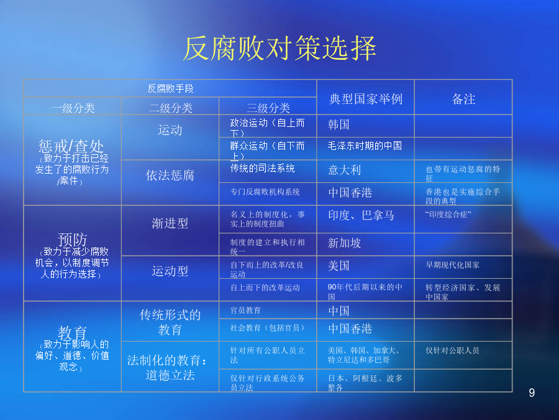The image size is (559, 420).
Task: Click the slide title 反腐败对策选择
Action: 280,48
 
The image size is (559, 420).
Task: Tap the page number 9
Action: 532,393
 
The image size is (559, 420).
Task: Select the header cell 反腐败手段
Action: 170,88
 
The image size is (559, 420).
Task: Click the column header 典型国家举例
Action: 366,99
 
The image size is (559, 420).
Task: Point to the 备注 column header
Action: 463,99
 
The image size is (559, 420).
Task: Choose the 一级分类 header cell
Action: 73,108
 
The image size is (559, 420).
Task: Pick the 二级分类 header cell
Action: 170,108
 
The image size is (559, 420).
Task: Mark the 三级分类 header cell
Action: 268,108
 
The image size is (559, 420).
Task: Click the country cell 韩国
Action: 339,124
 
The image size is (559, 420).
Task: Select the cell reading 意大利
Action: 344,170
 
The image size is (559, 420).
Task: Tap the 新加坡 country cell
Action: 344,243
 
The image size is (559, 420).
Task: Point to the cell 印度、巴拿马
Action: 361,215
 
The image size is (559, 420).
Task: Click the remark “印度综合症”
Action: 448,214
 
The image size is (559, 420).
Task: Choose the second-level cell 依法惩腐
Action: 170,175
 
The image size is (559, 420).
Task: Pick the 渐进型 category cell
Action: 170,223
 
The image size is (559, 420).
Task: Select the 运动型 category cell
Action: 170,271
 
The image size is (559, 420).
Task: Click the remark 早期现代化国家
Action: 452,265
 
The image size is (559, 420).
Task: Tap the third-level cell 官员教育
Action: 245,310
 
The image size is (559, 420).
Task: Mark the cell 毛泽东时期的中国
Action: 365,146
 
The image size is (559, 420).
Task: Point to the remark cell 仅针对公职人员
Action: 452,350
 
